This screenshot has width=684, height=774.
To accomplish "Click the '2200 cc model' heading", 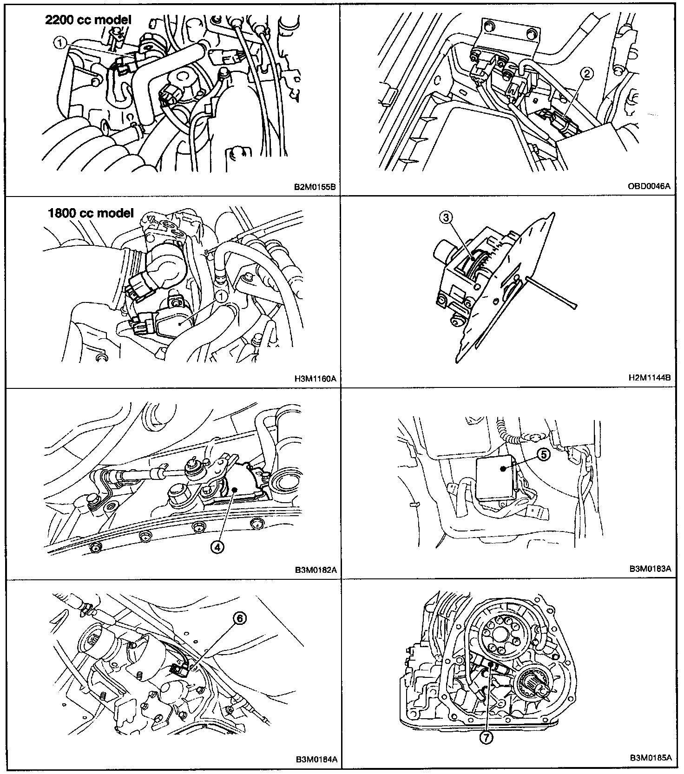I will click(x=88, y=20).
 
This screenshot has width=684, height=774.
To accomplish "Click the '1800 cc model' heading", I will click(x=91, y=213).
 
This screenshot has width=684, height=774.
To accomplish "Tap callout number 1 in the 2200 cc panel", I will click(x=60, y=43).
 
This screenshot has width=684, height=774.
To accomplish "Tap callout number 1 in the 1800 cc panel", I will click(x=222, y=295).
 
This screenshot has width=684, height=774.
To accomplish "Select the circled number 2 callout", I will click(x=588, y=73).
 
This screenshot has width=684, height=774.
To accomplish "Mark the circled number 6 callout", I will click(x=239, y=618).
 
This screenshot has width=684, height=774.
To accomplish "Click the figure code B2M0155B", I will click(x=315, y=188).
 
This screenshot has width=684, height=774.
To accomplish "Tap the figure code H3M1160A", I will click(x=315, y=379).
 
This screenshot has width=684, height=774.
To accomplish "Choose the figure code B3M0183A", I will click(x=651, y=568).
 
